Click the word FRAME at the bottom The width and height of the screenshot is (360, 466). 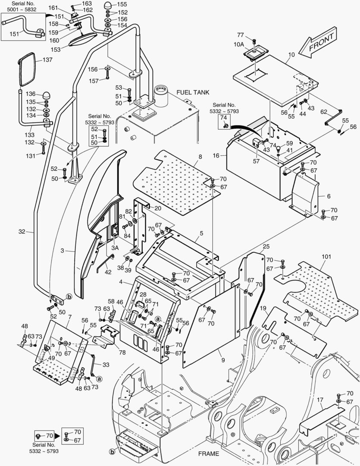[x=209, y=453]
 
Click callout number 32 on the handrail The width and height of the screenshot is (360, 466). [x=22, y=232]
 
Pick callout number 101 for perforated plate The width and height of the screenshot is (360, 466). [x=326, y=256]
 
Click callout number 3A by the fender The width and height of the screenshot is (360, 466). [x=115, y=248]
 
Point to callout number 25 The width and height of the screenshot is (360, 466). [x=266, y=246]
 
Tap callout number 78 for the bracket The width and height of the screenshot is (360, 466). [x=122, y=352]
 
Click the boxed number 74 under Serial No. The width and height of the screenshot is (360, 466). [x=223, y=118]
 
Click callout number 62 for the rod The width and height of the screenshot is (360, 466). [x=323, y=111]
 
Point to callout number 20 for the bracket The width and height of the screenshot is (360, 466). [x=157, y=208]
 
